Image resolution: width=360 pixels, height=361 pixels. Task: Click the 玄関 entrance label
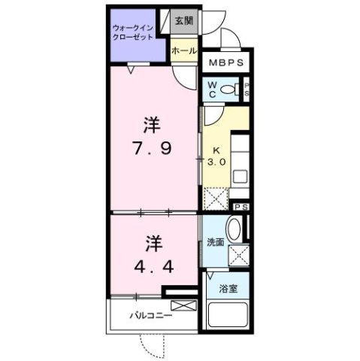coord(183,20)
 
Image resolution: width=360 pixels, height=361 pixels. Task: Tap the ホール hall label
coord(184,50)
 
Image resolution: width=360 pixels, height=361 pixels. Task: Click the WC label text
coord(213,89)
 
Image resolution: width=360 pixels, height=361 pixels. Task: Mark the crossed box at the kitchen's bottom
coord(215,199)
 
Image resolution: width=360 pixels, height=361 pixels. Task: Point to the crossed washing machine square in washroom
coord(240,256)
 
